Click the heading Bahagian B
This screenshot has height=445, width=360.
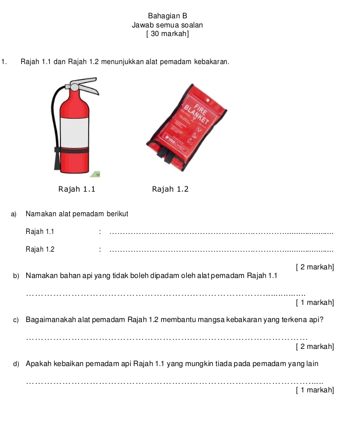click(x=167, y=15)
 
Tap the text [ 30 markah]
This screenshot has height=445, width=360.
click(x=167, y=34)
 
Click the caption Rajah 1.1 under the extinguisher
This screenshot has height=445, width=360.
click(x=77, y=189)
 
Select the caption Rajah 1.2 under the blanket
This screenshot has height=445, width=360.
click(x=170, y=189)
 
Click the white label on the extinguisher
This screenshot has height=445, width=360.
click(x=74, y=133)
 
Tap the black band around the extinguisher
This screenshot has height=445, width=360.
click(x=72, y=150)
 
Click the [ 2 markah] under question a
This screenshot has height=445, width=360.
click(x=315, y=267)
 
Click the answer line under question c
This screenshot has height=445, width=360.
click(x=167, y=339)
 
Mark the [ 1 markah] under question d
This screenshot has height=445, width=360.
click(x=315, y=390)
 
